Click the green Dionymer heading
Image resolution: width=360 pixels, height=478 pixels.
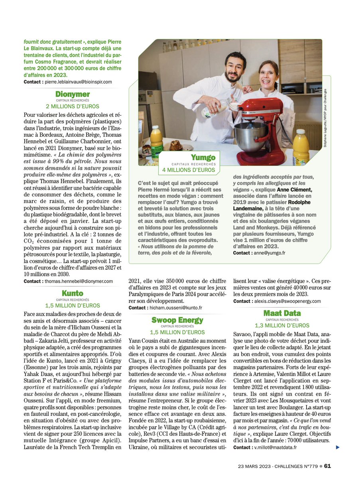73,94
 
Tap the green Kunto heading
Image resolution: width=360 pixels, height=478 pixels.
73,294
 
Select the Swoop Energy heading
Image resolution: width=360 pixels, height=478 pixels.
177,320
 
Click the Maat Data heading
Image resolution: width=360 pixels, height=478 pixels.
282,313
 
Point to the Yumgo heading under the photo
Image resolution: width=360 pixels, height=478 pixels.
203,158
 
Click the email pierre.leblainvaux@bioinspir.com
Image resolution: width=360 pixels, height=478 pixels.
78,82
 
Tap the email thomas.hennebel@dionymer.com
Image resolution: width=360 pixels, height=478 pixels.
79,281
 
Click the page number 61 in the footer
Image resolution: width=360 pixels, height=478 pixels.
327,466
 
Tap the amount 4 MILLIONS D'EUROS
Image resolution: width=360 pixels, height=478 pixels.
189,170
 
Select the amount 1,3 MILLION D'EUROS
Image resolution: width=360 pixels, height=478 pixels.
282,325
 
